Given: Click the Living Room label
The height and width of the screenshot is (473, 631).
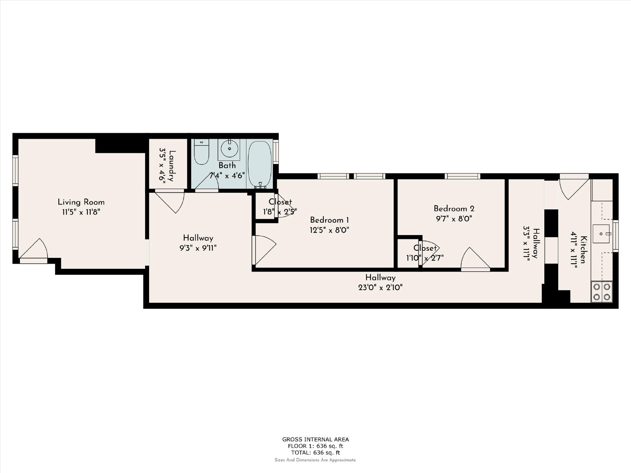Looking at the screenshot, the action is click(81, 202).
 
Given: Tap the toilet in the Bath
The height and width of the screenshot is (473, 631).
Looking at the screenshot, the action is click(201, 152).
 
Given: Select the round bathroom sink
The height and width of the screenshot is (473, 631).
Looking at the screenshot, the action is click(229, 149).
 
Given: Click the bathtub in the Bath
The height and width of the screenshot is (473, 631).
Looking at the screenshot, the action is click(259, 164).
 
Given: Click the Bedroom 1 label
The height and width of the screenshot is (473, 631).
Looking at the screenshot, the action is click(329, 220).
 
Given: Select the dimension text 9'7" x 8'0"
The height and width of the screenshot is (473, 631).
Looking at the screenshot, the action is click(454, 219).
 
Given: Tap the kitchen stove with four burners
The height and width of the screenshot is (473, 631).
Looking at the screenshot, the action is click(602, 292).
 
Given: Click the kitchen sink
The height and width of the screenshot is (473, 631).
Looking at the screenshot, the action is click(601, 234).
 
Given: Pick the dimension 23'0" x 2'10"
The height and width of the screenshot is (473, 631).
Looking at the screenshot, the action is click(380, 287).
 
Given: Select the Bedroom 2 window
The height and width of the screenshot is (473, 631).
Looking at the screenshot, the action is click(462, 176).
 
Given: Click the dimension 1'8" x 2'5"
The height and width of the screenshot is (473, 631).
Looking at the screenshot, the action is click(280, 212).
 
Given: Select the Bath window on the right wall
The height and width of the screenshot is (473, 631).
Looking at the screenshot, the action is click(276, 152).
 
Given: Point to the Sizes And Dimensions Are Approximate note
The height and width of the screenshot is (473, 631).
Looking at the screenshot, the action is click(315, 460).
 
